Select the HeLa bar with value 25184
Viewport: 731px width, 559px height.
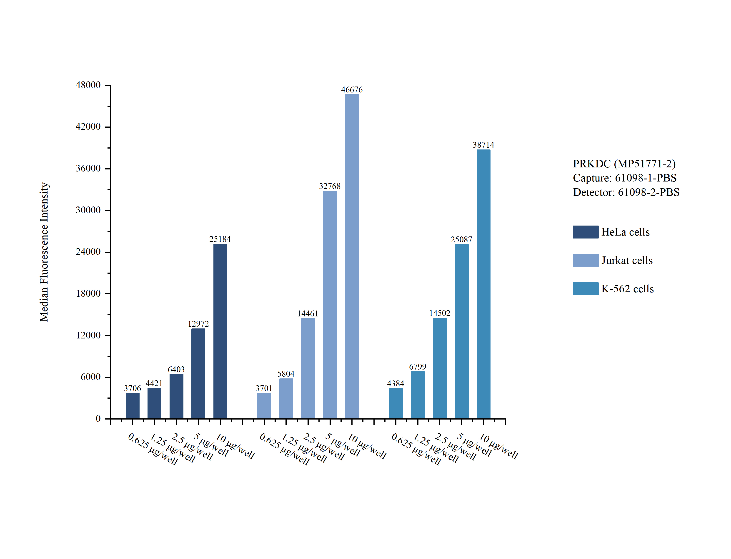tap(220, 331)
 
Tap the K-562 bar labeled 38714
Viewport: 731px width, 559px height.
tap(483, 284)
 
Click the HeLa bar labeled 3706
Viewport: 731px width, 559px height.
tap(133, 406)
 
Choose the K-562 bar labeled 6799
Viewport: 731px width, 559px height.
tap(418, 395)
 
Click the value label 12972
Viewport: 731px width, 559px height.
tap(198, 324)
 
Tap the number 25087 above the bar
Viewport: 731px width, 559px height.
tap(461, 240)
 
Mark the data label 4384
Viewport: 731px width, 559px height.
tap(396, 384)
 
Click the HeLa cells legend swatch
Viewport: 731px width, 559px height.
tap(586, 232)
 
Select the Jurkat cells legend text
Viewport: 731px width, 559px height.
tap(627, 260)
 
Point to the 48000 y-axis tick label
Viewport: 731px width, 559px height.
tap(88, 85)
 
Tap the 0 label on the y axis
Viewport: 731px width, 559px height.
tap(98, 419)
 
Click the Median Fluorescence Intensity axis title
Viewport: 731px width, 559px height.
tap(44, 252)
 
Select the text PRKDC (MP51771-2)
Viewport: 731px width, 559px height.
tap(624, 164)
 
